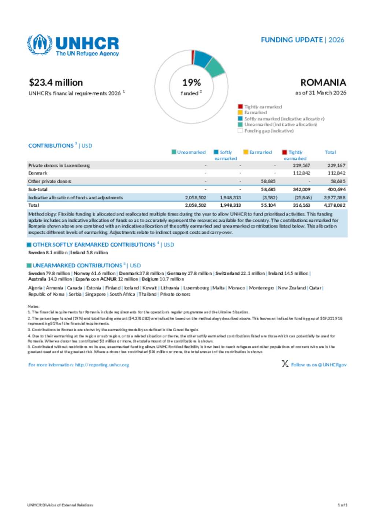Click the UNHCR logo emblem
[x=39, y=44]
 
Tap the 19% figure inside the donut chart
[x=192, y=83]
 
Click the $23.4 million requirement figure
[x=56, y=83]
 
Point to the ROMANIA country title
[x=323, y=83]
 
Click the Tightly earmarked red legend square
[x=240, y=107]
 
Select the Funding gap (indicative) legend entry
[x=269, y=131]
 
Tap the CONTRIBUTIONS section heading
[x=51, y=146]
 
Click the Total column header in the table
[x=330, y=152]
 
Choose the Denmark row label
[x=38, y=173]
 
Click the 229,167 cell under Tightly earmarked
[x=301, y=166]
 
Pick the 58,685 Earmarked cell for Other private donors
[x=268, y=181]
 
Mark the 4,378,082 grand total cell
[x=334, y=206]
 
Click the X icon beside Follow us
[x=285, y=364]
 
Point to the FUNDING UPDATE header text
[x=292, y=40]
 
